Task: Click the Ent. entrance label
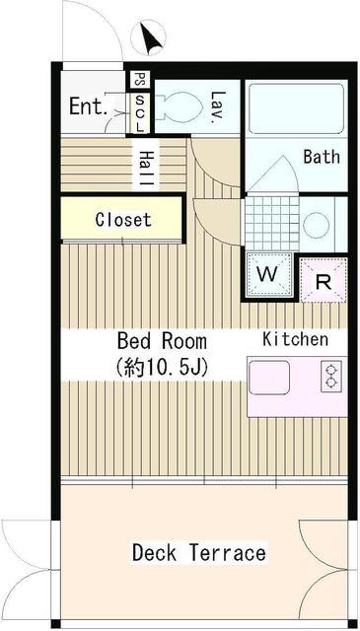coord(88,106)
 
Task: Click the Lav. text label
coord(218,105)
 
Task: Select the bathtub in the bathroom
coord(296,109)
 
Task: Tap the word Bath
coord(322,157)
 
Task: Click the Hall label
coord(146,169)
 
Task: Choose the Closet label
coord(123,220)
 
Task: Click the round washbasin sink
coord(316,226)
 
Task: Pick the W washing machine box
coord(268,275)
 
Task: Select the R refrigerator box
coord(324,280)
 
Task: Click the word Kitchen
coord(295,339)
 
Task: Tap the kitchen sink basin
coord(269,378)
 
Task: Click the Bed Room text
coord(162,341)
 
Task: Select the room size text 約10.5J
coord(161,366)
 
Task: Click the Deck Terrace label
coord(199,552)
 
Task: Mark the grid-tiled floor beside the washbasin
coord(272,223)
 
